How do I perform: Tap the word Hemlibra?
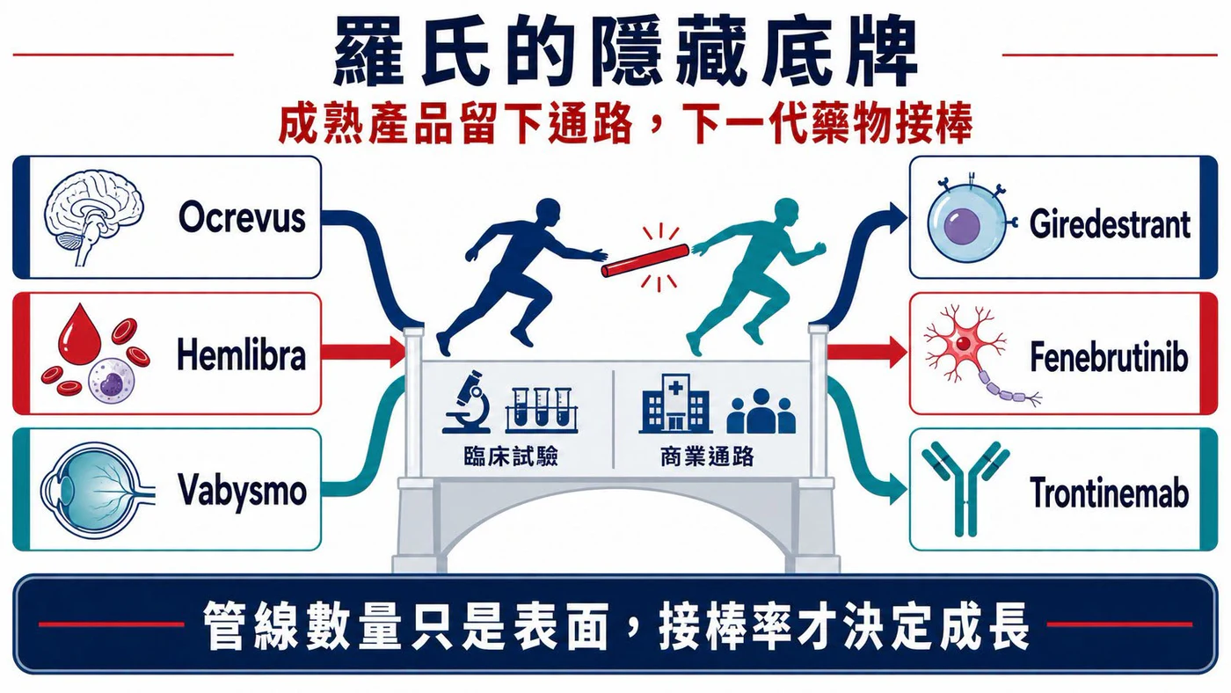(241, 355)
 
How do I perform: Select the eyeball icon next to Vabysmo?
(96, 490)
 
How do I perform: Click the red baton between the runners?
(645, 260)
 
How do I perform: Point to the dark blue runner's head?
(547, 212)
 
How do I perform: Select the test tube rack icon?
(542, 410)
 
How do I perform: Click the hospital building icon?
(675, 404)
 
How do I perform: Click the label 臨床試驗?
(511, 456)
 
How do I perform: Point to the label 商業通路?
(707, 456)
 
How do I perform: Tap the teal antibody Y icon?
(965, 489)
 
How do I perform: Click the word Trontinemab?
(1109, 492)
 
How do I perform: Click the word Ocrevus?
(242, 217)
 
